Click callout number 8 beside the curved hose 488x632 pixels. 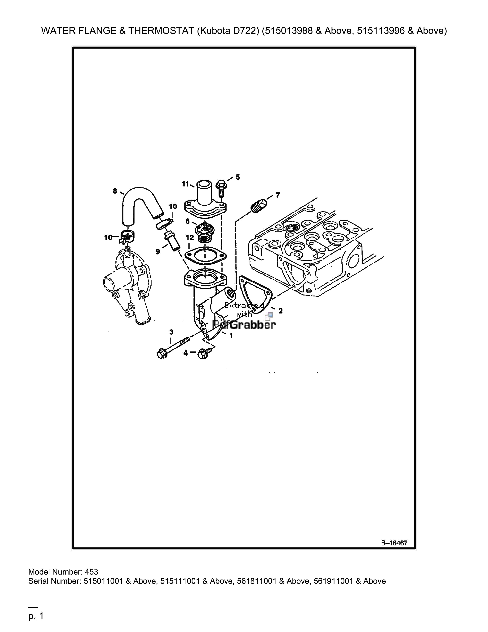pyautogui.click(x=115, y=191)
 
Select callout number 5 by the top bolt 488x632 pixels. pyautogui.click(x=238, y=177)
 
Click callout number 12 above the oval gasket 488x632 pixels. pyautogui.click(x=190, y=238)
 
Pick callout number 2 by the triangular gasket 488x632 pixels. pyautogui.click(x=280, y=311)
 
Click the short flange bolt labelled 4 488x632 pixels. pyautogui.click(x=205, y=353)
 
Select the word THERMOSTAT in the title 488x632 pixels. pyautogui.click(x=161, y=31)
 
